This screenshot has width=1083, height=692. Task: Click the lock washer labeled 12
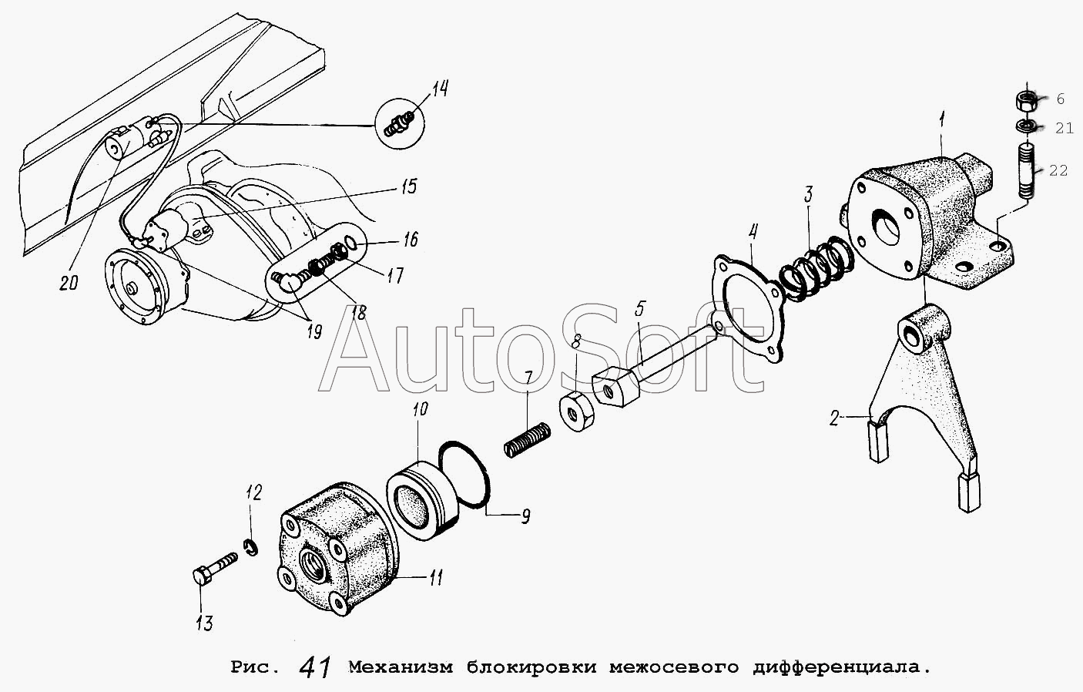(250, 548)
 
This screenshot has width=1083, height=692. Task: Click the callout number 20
(69, 283)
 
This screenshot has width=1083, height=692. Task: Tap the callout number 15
(408, 186)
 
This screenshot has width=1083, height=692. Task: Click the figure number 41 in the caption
(315, 667)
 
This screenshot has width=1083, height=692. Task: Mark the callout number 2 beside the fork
(833, 418)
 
